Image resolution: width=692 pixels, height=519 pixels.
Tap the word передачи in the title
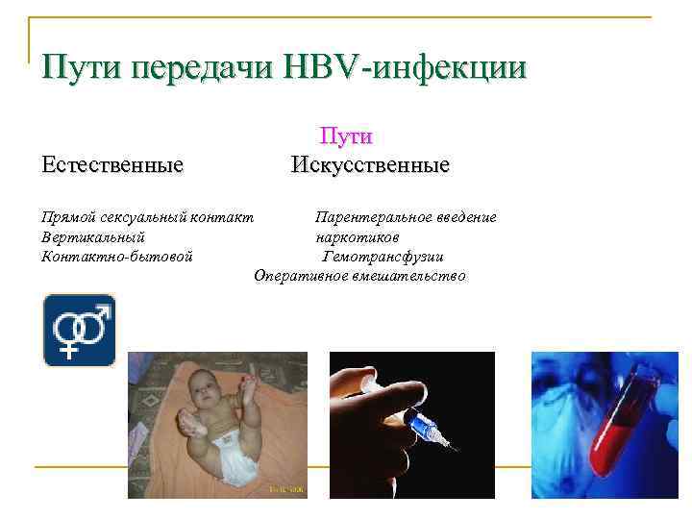coord(202,69)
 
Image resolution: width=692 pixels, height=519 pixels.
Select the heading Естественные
coord(112,165)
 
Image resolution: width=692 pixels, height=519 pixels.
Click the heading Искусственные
coord(370,165)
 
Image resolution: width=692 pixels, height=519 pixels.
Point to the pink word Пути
coord(346,138)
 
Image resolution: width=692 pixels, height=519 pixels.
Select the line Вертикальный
coord(93,236)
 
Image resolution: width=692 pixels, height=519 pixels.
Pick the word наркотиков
coord(357,236)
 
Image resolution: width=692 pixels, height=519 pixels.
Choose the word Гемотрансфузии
coord(383,257)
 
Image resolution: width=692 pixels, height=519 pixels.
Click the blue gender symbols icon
coord(79,331)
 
